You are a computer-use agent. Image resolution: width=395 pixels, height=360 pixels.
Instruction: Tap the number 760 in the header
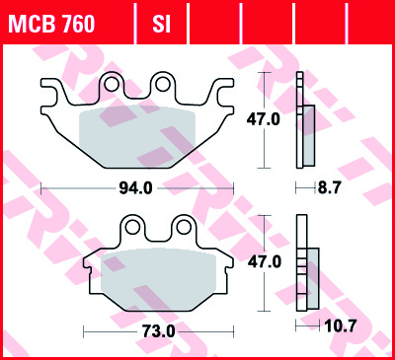point(77,22)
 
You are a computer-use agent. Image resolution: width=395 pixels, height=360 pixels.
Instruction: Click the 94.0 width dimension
point(137,185)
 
